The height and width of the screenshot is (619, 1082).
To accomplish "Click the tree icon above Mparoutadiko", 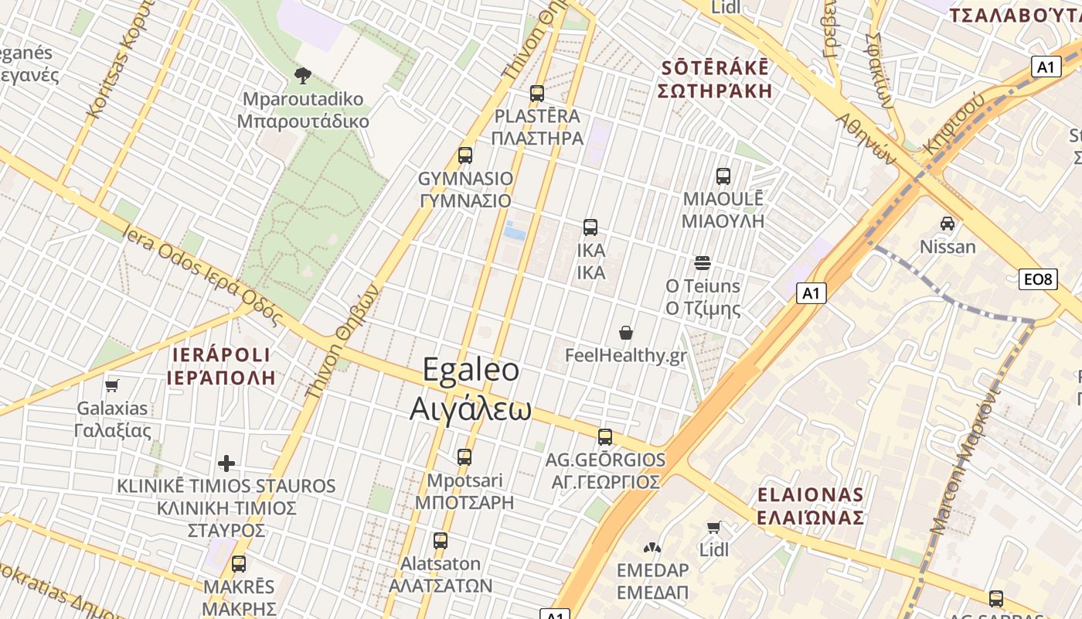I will point(303,75).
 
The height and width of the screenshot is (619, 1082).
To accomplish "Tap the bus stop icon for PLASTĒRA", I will point(536,94).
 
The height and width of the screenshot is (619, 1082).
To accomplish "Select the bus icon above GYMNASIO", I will point(464,155).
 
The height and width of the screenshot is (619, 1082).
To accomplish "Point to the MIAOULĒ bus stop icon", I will point(723,176).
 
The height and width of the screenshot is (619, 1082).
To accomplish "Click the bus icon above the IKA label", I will point(590,227).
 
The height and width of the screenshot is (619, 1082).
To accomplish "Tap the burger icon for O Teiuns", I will point(702,263).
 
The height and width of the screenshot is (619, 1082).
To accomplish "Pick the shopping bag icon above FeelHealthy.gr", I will point(626,333).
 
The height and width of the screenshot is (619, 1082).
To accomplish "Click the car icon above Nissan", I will point(947,224).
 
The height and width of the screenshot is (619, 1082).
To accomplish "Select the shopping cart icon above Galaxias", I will point(112,385).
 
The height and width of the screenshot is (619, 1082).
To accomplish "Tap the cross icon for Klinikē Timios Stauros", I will point(226,463).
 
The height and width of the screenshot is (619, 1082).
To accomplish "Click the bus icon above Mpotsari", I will point(464,457).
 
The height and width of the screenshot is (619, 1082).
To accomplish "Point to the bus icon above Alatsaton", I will point(440,540).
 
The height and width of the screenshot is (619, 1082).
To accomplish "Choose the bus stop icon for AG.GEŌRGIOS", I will point(604,436).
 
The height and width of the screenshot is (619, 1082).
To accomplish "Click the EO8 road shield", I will point(1037,279).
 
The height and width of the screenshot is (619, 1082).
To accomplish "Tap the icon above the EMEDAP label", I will point(652,548).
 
